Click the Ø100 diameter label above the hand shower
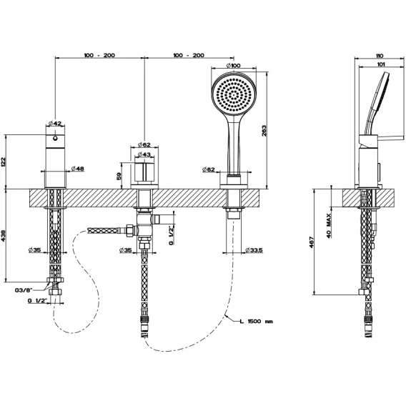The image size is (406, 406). [233, 66]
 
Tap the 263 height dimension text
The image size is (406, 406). [264, 131]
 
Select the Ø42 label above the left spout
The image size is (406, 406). [55, 124]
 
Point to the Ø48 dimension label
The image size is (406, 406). [77, 169]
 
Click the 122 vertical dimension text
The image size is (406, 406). [3, 162]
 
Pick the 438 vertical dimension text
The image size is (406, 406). [3, 236]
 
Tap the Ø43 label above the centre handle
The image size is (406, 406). [144, 154]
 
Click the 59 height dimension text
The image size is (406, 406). [119, 177]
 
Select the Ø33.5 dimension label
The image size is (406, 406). [254, 250]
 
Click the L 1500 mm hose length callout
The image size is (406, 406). [257, 322]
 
